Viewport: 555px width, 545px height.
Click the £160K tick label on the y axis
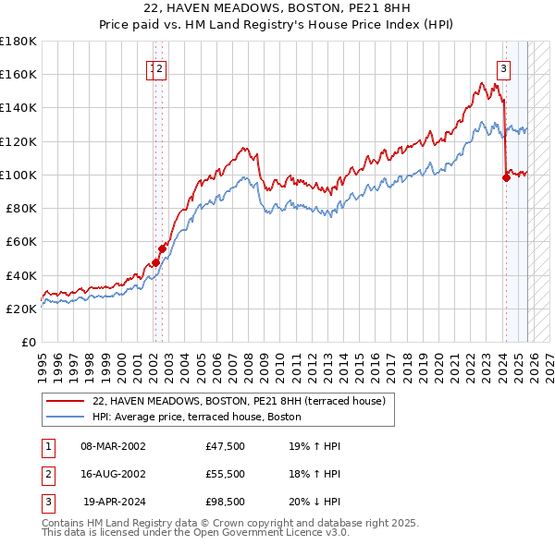pos(18,74)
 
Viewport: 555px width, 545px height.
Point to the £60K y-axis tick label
pos(21,241)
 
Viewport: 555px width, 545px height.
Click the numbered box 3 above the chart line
pos(503,67)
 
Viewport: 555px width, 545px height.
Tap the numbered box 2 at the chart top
pos(160,67)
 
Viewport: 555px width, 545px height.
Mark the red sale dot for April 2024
pos(506,178)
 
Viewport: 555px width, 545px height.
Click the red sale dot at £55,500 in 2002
pos(162,248)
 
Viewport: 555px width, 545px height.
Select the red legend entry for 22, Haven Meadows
pos(244,402)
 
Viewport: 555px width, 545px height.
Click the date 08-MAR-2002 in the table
pos(114,446)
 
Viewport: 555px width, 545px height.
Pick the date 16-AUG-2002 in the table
pos(114,474)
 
